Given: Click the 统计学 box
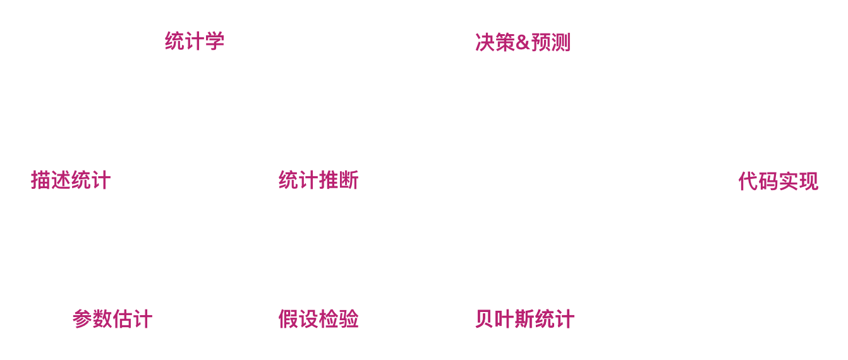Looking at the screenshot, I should pos(193,41).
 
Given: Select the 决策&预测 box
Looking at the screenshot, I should pos(523,42).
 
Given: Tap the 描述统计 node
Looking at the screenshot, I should pos(70,180).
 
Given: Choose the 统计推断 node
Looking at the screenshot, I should pos(318,180).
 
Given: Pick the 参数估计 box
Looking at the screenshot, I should pos(112,318).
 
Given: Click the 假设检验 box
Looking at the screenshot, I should pos(318,318).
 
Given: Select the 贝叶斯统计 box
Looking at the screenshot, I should pos(524,318).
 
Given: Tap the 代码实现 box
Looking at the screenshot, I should pos(777,181).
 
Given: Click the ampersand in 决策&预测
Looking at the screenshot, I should pos(523,42).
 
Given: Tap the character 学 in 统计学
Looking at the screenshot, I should pos(215,41).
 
